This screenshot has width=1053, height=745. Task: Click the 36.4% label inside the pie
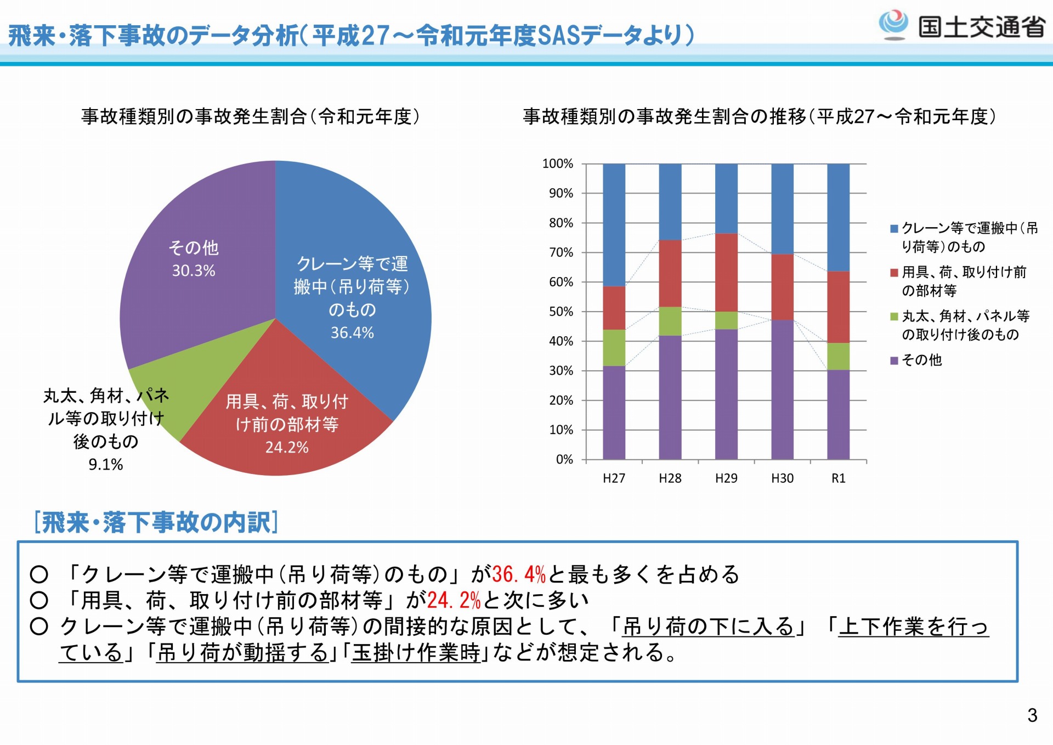point(352,332)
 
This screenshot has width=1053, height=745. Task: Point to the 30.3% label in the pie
point(194,270)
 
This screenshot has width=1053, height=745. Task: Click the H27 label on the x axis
point(614,478)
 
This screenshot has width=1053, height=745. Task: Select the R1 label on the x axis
point(839,478)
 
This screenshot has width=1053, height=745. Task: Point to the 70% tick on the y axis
point(561,252)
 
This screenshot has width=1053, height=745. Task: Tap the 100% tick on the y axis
point(557,163)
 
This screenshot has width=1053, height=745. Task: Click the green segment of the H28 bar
point(670,321)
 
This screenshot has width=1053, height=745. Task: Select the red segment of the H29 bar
point(726,273)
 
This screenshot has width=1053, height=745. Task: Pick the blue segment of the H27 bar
point(614,225)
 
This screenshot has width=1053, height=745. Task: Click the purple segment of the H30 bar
point(782,390)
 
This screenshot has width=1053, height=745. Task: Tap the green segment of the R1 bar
point(839,357)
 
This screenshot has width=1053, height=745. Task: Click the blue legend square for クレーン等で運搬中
point(894,228)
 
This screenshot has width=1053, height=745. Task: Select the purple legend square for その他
point(894,360)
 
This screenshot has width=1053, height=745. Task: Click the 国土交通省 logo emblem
point(893,25)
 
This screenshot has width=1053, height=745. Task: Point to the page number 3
point(1032,715)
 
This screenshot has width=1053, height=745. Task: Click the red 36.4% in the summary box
point(519,574)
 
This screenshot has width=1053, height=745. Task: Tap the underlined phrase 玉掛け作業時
point(416,653)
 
